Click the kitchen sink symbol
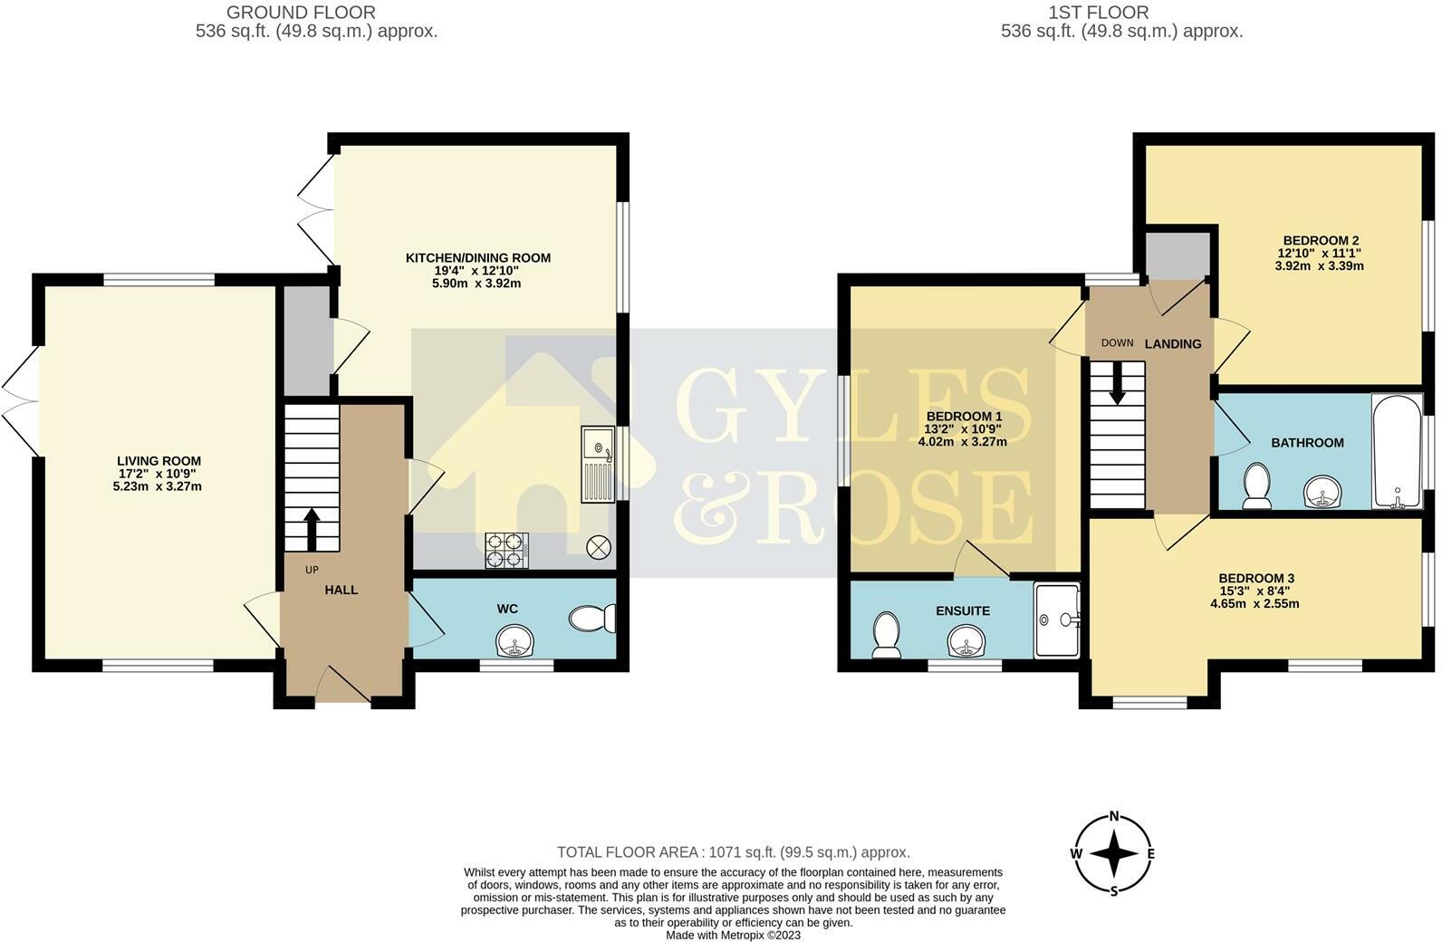point(598,464)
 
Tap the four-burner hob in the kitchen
point(507,550)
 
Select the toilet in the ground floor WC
point(592,620)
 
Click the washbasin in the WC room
point(516,642)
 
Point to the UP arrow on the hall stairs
point(312,529)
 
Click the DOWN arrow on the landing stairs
point(1117,382)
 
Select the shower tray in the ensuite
point(1057,620)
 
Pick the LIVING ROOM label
point(159,461)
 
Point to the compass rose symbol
point(1113,853)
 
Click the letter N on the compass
point(1114,815)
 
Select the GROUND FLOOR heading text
point(301,13)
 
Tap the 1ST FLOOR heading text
point(1098,13)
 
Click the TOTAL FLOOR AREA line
point(733,852)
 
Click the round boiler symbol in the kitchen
point(600,547)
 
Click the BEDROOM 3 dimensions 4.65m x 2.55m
point(1255,603)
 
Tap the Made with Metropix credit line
point(733,935)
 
